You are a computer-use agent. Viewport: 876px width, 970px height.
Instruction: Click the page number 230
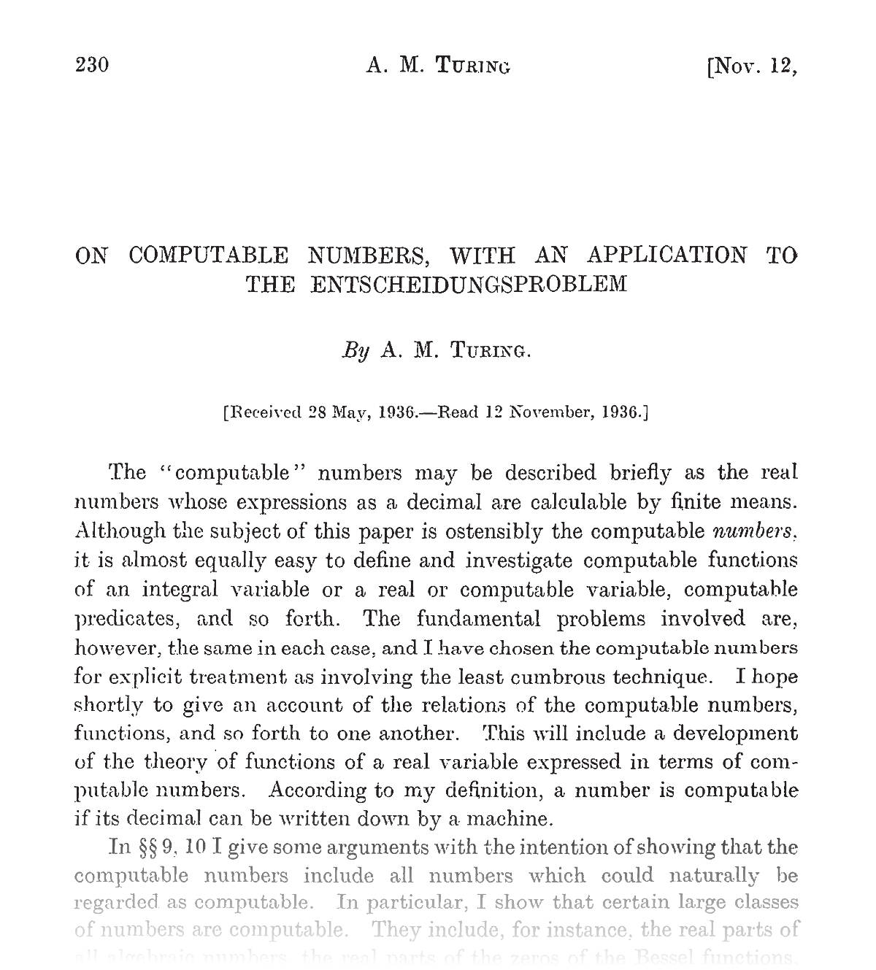92,66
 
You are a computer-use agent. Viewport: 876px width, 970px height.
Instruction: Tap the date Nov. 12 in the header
751,66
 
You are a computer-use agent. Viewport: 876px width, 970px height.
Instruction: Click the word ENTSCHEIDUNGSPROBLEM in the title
469,284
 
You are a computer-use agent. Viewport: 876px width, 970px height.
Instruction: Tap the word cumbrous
558,677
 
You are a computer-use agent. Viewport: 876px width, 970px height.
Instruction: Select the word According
318,791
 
